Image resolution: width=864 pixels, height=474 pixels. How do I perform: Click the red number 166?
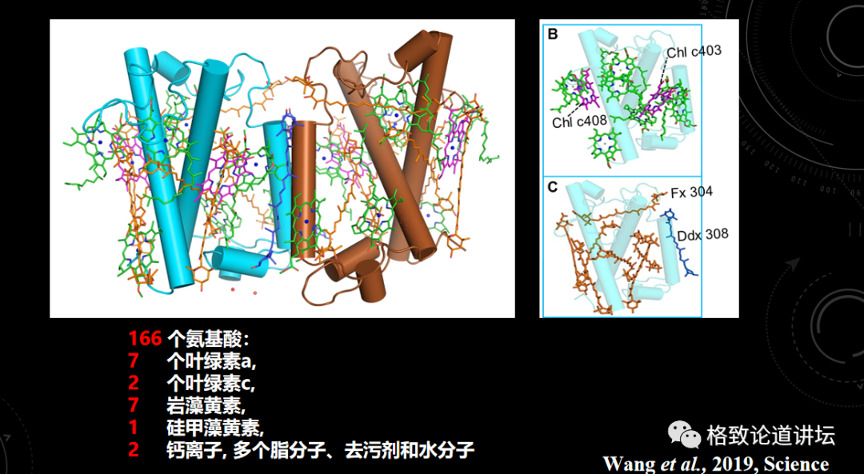click(145, 339)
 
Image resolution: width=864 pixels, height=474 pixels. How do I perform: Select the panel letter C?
click(553, 188)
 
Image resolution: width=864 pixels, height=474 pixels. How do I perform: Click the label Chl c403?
click(694, 51)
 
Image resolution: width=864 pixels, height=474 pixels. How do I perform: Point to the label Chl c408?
click(579, 122)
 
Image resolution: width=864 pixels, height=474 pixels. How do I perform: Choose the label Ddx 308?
click(702, 235)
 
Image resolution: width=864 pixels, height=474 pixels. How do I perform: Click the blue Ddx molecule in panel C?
click(679, 243)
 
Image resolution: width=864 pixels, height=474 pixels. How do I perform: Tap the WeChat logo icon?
click(685, 435)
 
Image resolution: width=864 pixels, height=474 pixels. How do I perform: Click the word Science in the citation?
click(796, 464)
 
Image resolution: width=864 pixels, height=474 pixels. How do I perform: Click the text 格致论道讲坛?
click(770, 436)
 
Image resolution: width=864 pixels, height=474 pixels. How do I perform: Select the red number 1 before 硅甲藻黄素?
click(134, 428)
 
